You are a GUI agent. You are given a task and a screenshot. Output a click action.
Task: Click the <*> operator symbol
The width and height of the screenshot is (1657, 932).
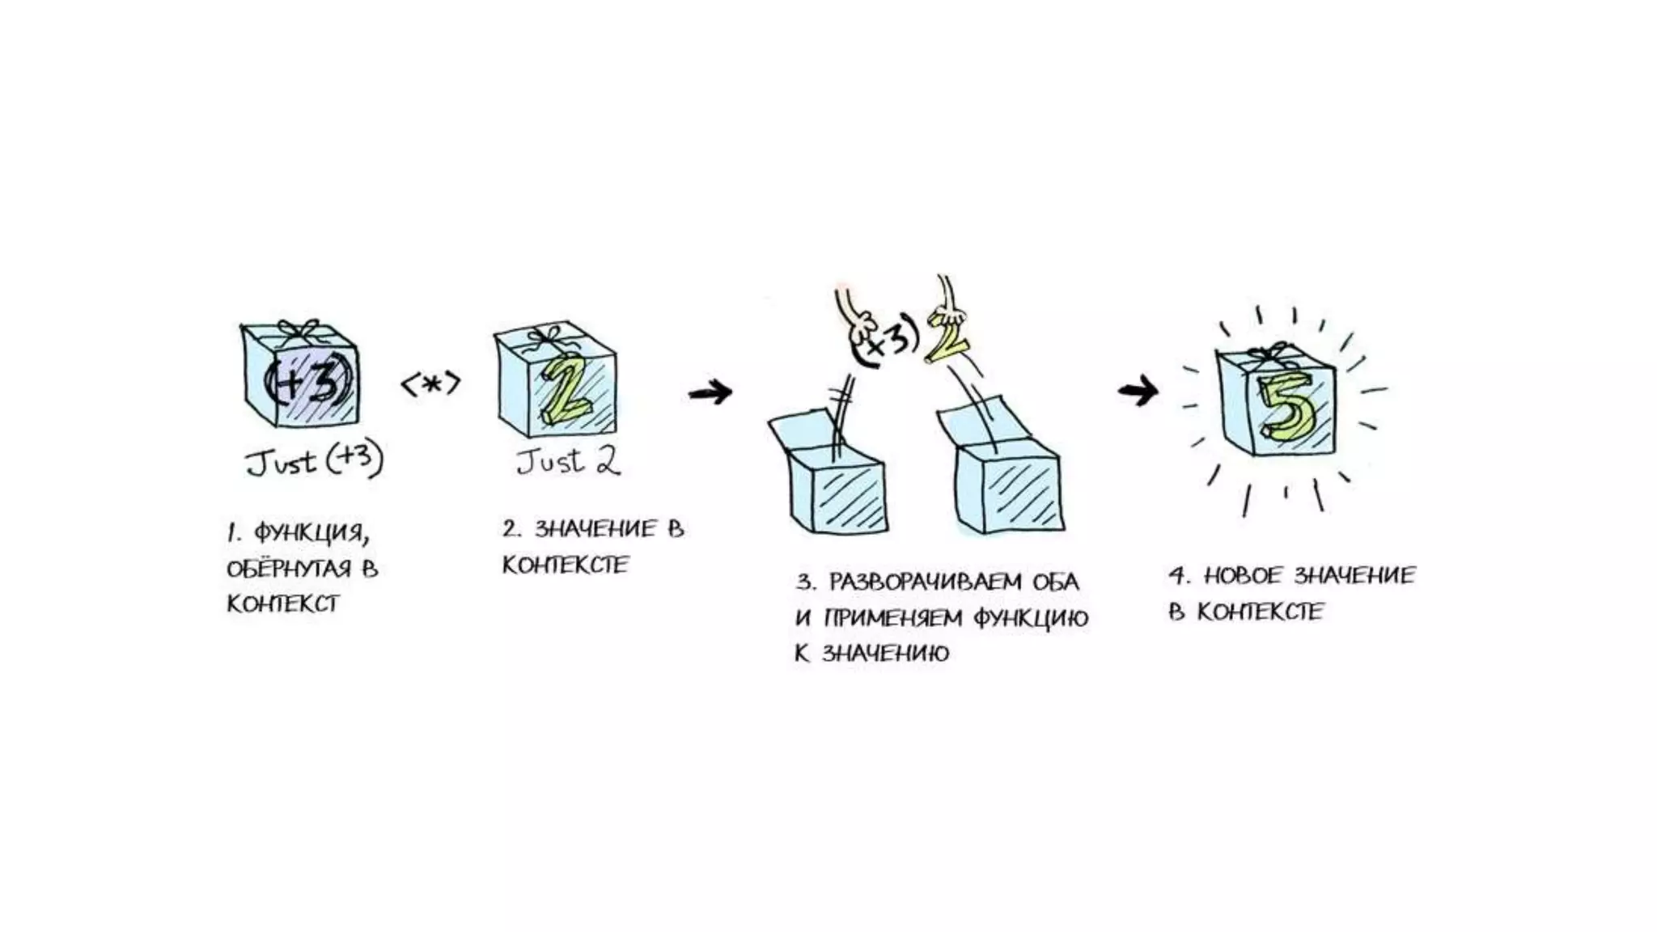[431, 384]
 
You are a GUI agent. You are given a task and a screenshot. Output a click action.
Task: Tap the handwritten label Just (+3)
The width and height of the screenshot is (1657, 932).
[315, 461]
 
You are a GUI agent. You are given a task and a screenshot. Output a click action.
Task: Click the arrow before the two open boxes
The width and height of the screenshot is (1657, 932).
[710, 393]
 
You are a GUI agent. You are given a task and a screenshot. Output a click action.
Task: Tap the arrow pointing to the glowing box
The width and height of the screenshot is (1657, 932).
[1138, 392]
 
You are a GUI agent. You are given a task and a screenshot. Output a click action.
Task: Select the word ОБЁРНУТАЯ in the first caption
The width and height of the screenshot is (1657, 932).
[289, 569]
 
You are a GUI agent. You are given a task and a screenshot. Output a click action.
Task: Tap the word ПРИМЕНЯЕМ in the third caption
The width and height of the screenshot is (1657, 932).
[893, 618]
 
